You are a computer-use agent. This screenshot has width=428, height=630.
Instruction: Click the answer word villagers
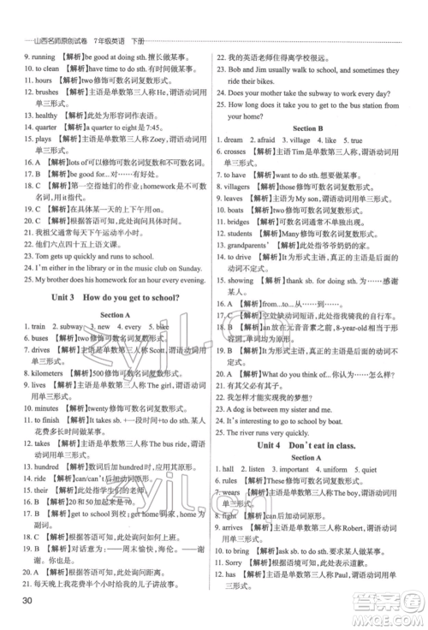[248, 186]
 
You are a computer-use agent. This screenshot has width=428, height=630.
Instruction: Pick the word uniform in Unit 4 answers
[336, 470]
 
